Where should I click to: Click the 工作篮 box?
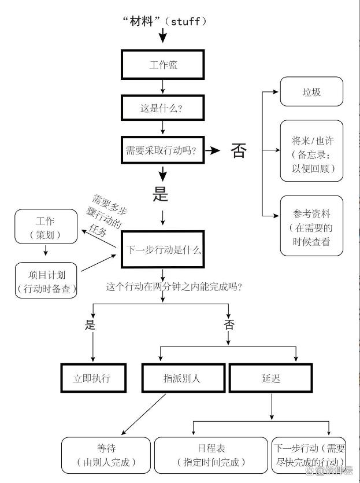pos(163,65)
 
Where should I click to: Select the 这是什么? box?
pos(163,108)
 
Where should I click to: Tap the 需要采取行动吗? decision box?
pos(163,150)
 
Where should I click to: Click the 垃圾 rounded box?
pos(311,91)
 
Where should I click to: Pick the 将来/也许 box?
pos(311,150)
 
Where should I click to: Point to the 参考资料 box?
pos(311,226)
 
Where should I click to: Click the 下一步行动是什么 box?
pos(163,249)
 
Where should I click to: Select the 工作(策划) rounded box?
pos(46,226)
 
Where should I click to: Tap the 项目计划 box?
pos(46,281)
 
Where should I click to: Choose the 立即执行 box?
pos(94,378)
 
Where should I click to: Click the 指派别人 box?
pos(183,378)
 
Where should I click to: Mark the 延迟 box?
pos(271,378)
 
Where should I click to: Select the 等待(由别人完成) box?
pos(106,455)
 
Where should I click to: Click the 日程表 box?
pos(211,455)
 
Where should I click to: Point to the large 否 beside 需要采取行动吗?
pos(239,150)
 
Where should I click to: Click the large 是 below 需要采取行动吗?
pos(160,194)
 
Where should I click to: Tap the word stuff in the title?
pos(185,21)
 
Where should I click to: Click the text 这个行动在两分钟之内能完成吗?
pos(174,287)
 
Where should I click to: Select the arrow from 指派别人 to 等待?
pos(144,414)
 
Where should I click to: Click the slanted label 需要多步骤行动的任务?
pos(106,215)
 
